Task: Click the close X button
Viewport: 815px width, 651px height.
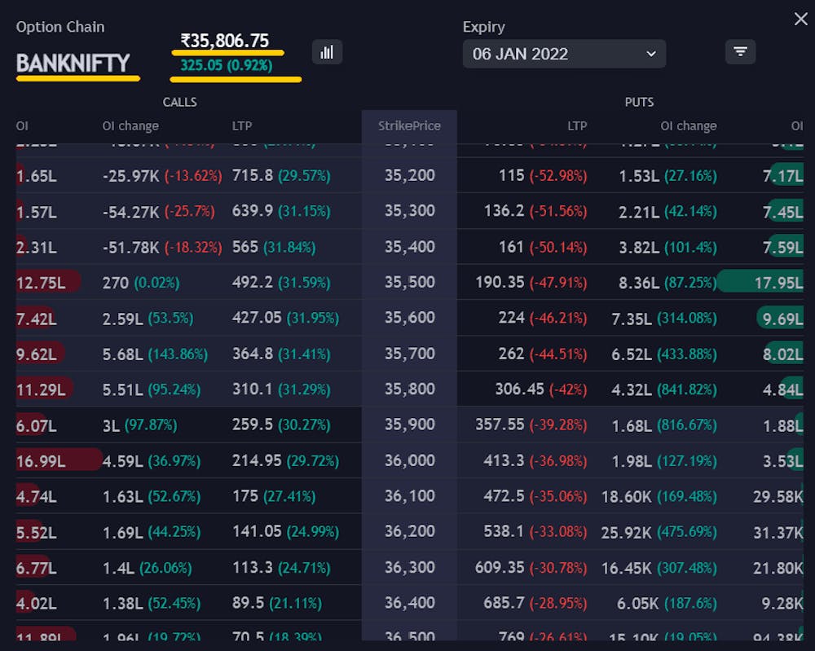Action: click(x=800, y=19)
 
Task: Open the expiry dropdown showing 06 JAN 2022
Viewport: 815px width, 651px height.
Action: click(x=564, y=54)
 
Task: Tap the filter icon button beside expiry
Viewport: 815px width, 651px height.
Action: click(x=740, y=51)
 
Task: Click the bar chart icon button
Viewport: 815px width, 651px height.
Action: click(x=327, y=52)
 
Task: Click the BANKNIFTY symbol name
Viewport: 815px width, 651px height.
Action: click(x=73, y=64)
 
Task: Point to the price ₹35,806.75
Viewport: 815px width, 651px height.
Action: click(x=225, y=41)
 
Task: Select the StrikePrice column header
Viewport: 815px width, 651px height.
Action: click(x=409, y=125)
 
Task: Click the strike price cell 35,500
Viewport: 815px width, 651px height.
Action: click(x=409, y=282)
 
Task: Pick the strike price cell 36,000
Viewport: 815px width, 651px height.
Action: click(x=409, y=460)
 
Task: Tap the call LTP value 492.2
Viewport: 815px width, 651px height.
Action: click(x=252, y=282)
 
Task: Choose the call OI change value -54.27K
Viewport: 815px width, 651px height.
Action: click(x=131, y=211)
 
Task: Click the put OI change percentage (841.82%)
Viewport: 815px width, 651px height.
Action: click(x=687, y=389)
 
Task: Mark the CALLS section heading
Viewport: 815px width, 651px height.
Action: click(x=179, y=102)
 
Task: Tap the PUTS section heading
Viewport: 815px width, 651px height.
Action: click(x=639, y=102)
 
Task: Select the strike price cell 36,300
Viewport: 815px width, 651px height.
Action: click(x=409, y=567)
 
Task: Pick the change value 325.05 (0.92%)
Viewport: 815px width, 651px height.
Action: click(x=226, y=65)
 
